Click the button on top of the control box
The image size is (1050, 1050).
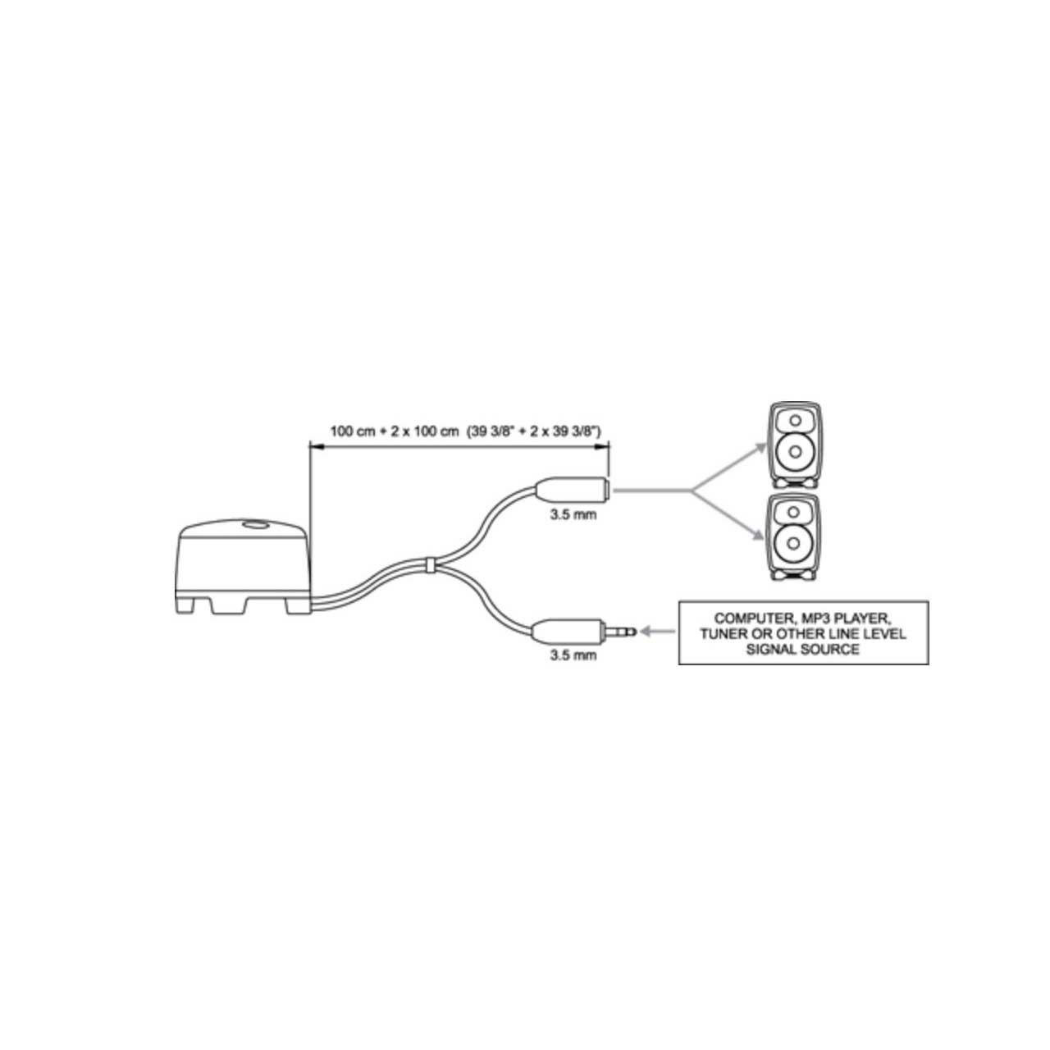pyautogui.click(x=255, y=525)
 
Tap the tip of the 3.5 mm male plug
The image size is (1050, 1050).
pyautogui.click(x=636, y=632)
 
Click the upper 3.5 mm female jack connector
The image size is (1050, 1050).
pyautogui.click(x=572, y=489)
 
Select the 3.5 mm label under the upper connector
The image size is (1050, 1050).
pyautogui.click(x=573, y=514)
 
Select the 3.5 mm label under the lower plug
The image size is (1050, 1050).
pyautogui.click(x=573, y=655)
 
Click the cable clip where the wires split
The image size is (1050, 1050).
pyautogui.click(x=429, y=564)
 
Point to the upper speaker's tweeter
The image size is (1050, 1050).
pyautogui.click(x=795, y=420)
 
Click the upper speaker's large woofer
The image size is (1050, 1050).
pyautogui.click(x=795, y=451)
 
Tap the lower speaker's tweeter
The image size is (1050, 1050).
pyautogui.click(x=795, y=511)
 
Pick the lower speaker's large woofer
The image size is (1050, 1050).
pyautogui.click(x=795, y=543)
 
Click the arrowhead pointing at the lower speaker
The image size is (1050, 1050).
pyautogui.click(x=758, y=536)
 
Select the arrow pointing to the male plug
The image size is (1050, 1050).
pyautogui.click(x=658, y=632)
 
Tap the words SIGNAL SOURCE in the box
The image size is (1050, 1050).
pyautogui.click(x=802, y=650)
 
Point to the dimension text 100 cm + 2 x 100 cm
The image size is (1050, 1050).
pyautogui.click(x=394, y=431)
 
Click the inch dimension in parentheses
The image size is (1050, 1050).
pyautogui.click(x=534, y=431)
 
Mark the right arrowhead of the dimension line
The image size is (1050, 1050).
pyautogui.click(x=601, y=446)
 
